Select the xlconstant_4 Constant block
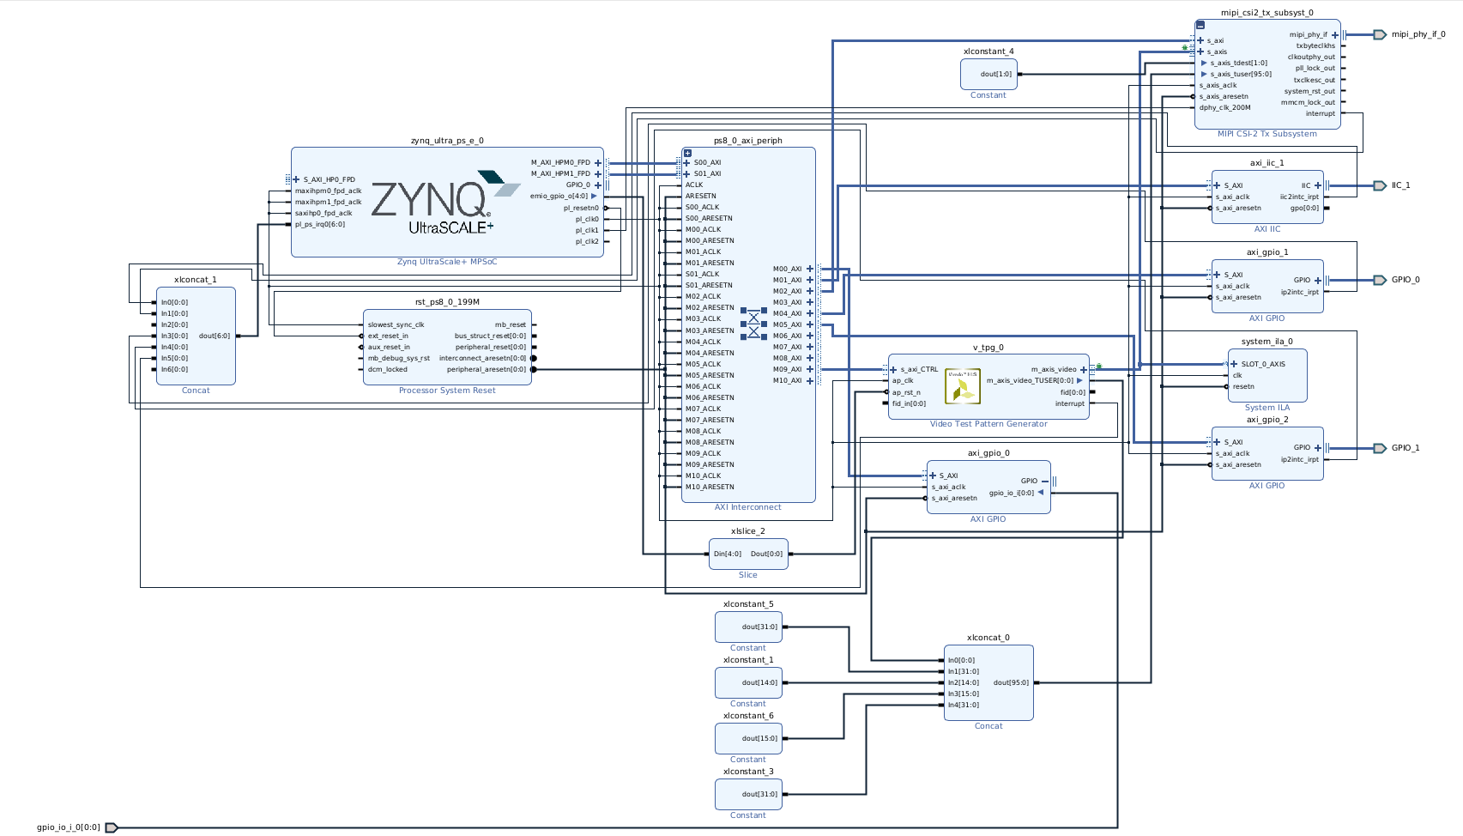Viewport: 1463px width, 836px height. pyautogui.click(x=988, y=74)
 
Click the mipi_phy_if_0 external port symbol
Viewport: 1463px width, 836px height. pyautogui.click(x=1379, y=34)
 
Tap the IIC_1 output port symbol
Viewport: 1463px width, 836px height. pyautogui.click(x=1379, y=185)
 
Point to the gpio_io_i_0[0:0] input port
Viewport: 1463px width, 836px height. pyautogui.click(x=112, y=827)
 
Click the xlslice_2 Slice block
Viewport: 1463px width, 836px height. pyautogui.click(x=748, y=554)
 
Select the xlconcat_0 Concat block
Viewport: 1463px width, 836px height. pyautogui.click(x=988, y=682)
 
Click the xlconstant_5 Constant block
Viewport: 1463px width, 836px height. pyautogui.click(x=748, y=627)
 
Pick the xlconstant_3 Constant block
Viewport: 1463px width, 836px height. pyautogui.click(x=748, y=794)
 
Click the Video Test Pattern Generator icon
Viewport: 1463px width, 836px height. pyautogui.click(x=962, y=386)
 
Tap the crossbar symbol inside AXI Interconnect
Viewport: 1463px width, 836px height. pyautogui.click(x=753, y=324)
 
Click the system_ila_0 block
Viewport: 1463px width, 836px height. pyautogui.click(x=1267, y=375)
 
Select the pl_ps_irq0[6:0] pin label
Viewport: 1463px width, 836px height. pyautogui.click(x=320, y=225)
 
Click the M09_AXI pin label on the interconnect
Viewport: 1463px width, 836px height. pyautogui.click(x=787, y=369)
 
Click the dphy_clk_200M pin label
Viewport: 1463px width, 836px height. pyautogui.click(x=1224, y=107)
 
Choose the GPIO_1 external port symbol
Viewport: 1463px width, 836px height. pyautogui.click(x=1379, y=448)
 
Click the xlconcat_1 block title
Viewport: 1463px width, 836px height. pyautogui.click(x=196, y=280)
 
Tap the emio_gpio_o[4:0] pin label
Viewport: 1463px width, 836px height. pyautogui.click(x=559, y=196)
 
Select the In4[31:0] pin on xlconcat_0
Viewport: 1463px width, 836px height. pyautogui.click(x=963, y=705)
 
